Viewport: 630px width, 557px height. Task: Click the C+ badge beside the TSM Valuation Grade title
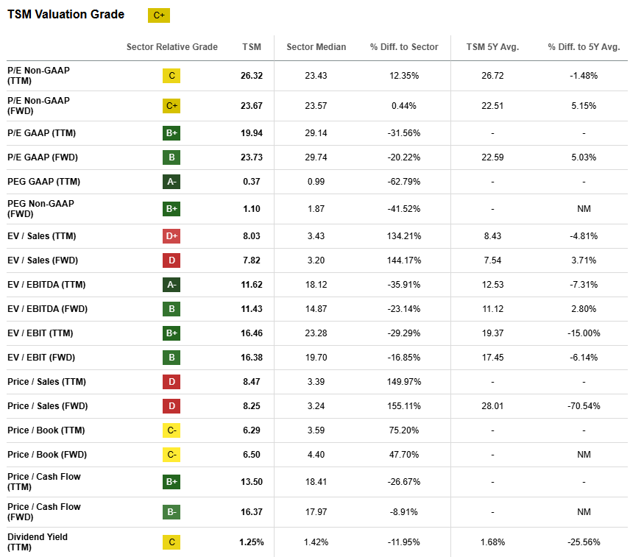click(159, 15)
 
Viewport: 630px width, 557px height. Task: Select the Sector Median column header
click(316, 47)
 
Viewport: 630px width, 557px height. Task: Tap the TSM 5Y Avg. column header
click(492, 47)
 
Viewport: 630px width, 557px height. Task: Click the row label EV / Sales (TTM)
click(42, 236)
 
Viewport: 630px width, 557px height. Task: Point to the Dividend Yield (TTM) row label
click(38, 542)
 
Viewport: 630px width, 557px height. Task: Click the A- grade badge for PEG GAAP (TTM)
click(171, 182)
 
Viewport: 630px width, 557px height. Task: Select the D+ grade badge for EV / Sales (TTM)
click(171, 236)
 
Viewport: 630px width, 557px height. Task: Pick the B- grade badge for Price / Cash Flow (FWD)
click(171, 511)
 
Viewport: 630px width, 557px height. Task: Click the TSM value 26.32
click(251, 76)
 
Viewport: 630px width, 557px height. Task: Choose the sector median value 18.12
click(316, 285)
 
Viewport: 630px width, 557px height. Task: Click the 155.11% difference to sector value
click(404, 406)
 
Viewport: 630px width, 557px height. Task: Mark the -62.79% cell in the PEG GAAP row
click(404, 182)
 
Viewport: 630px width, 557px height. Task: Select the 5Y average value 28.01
click(492, 406)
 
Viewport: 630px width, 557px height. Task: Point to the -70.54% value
click(584, 406)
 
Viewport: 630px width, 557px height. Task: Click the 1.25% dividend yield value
click(251, 542)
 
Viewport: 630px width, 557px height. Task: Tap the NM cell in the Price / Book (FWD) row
click(584, 455)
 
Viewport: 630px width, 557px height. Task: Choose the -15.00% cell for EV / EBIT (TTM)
click(584, 333)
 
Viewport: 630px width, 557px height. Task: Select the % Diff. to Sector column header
click(404, 47)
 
